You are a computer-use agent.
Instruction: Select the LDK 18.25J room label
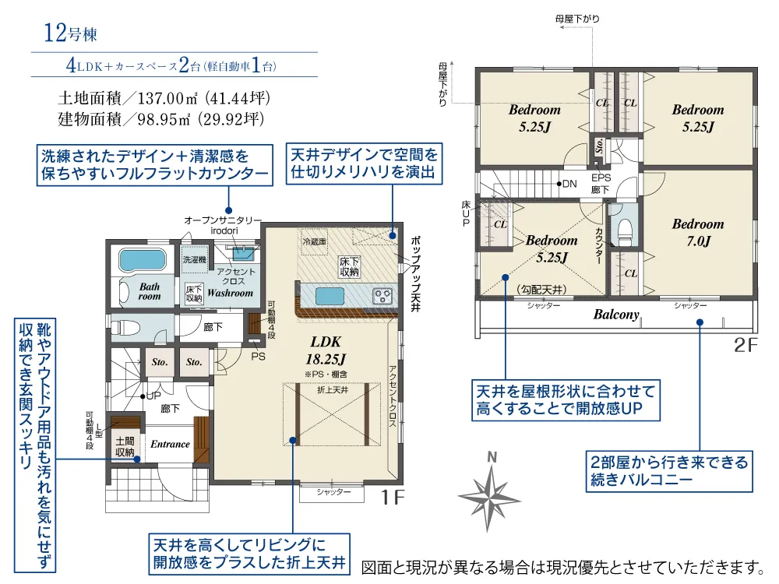327,350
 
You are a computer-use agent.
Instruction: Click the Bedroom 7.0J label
698,232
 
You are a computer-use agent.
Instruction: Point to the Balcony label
616,315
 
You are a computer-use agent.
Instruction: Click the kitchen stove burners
382,295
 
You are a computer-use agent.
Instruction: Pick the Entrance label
170,444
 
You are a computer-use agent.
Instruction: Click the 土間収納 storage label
125,446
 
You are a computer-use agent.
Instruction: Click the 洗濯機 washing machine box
193,258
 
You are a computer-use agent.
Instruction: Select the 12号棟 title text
70,34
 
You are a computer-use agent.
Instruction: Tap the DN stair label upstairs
569,185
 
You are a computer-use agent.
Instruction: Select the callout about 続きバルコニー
668,472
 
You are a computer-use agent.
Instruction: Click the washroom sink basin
244,252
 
